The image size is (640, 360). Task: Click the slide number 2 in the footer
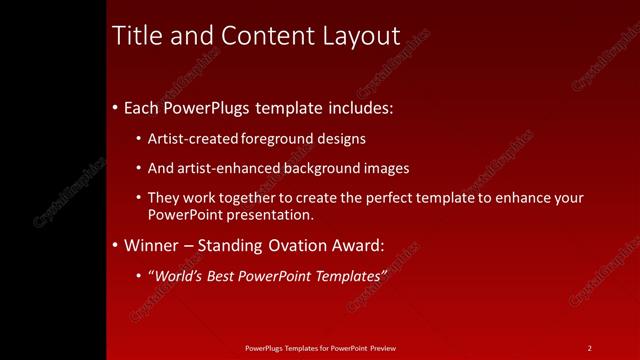click(590, 348)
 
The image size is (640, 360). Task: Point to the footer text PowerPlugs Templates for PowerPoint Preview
click(320, 348)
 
